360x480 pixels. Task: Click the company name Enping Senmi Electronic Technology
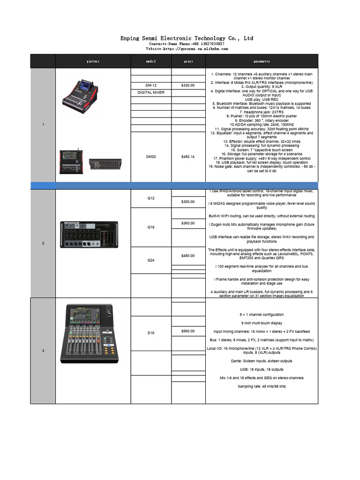pyautogui.click(x=187, y=38)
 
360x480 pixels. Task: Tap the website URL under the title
pyautogui.click(x=187, y=49)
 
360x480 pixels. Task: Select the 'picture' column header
pyautogui.click(x=93, y=61)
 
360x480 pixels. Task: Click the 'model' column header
pyautogui.click(x=151, y=61)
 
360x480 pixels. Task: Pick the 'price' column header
pyautogui.click(x=188, y=61)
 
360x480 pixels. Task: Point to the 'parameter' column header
pyautogui.click(x=262, y=61)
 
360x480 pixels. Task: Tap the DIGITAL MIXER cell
pyautogui.click(x=151, y=93)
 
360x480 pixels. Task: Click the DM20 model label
pyautogui.click(x=151, y=157)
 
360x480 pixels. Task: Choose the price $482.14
pyautogui.click(x=188, y=157)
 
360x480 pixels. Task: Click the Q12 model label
pyautogui.click(x=151, y=198)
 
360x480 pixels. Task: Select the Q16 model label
pyautogui.click(x=151, y=227)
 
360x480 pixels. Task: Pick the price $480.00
pyautogui.click(x=188, y=255)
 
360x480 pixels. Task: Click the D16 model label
pyautogui.click(x=151, y=333)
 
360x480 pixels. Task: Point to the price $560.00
pyautogui.click(x=188, y=331)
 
